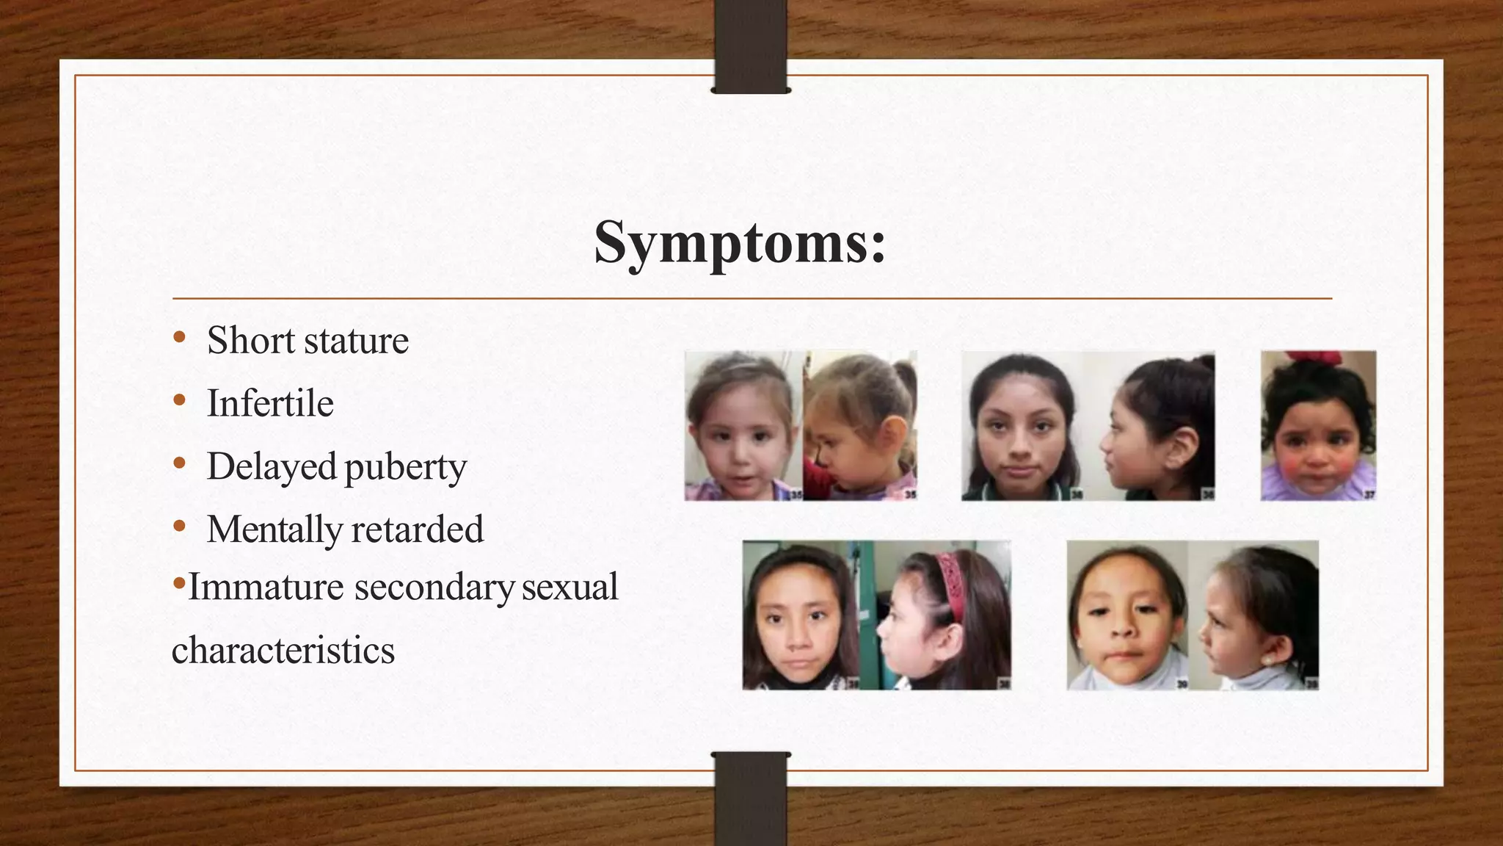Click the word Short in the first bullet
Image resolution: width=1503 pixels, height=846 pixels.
pyautogui.click(x=250, y=341)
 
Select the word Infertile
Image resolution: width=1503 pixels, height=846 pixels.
pyautogui.click(x=270, y=404)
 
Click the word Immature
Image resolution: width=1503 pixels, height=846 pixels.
pyautogui.click(x=266, y=587)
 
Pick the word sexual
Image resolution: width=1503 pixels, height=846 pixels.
pyautogui.click(x=570, y=587)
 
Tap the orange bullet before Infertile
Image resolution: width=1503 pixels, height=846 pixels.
pyautogui.click(x=179, y=401)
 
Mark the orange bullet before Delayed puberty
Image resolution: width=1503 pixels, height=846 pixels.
pyautogui.click(x=179, y=464)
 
